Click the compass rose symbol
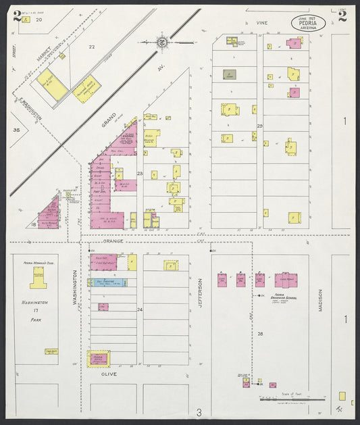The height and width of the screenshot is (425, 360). coord(163,43)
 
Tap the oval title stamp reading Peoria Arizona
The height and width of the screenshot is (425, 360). coord(308,24)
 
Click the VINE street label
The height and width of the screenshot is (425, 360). coord(261,23)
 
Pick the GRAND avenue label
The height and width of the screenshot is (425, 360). coord(109,120)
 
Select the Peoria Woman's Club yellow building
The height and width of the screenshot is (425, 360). coord(38,277)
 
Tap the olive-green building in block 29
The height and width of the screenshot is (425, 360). coord(229,74)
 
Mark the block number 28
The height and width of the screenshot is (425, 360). coord(259,334)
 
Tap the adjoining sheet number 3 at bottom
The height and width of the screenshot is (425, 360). coord(199,412)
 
